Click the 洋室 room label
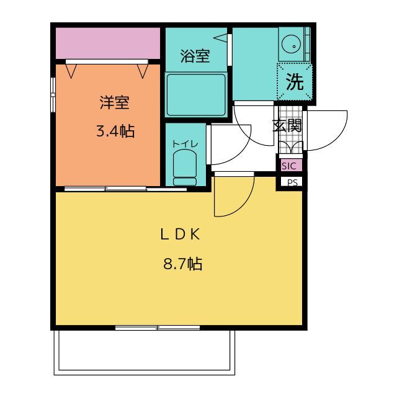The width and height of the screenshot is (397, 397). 114,102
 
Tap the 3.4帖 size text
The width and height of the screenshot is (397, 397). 115,132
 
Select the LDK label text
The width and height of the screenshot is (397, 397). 181,234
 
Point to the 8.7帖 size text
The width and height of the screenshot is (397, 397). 182,264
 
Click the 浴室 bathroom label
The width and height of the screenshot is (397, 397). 195,56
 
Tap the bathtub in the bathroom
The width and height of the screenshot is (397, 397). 196,95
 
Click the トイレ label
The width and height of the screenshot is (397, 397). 185,144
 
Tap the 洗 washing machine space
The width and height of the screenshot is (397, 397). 295,82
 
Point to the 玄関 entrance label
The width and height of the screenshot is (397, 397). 287,125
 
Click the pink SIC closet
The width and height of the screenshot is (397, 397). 292,166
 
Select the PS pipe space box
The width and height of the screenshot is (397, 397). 292,182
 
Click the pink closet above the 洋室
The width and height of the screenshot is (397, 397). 108,43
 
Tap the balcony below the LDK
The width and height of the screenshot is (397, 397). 145,352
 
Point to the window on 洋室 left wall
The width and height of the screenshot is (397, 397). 53,95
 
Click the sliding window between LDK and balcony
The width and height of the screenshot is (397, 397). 158,328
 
